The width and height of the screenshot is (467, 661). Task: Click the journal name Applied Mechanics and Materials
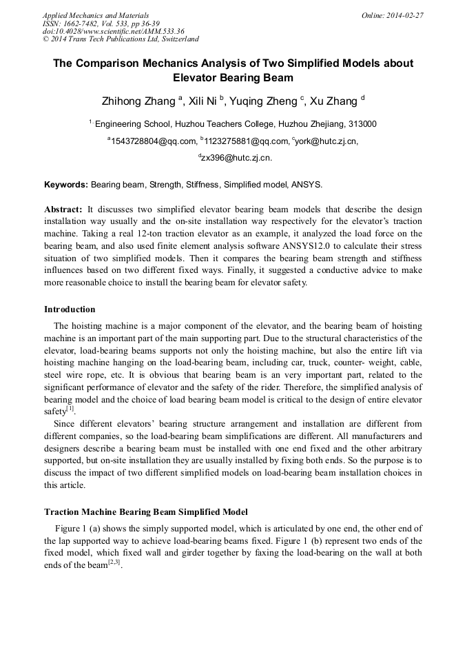coord(95,15)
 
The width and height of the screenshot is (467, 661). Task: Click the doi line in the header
coord(113,31)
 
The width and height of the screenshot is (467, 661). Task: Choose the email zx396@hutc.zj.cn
coord(236,158)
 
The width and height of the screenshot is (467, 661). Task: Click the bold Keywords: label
coord(66,185)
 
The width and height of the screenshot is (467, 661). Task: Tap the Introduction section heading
coord(70,309)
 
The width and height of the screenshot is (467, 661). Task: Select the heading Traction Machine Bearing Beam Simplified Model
coord(145,512)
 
